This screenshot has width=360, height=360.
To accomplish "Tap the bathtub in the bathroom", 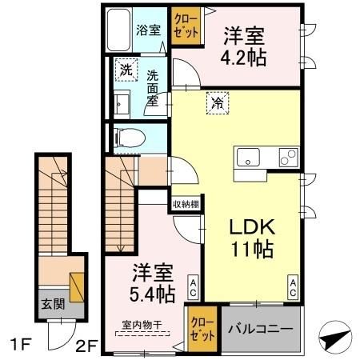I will point(119,31).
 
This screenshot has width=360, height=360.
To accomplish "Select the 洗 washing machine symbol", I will point(125,70).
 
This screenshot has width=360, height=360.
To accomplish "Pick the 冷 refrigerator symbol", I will point(216,102).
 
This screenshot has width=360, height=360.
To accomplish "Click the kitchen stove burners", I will point(287,158).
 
